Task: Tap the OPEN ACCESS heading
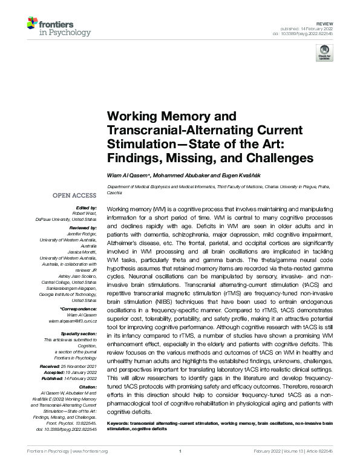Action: click(x=74, y=195)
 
